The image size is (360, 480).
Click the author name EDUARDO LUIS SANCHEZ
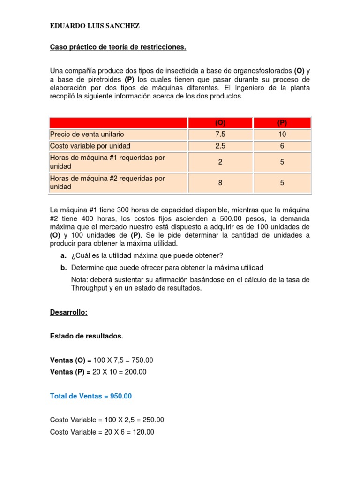point(95,26)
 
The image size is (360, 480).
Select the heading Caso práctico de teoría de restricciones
point(118,47)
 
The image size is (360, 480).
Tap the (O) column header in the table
point(220,123)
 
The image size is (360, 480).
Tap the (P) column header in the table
point(282,123)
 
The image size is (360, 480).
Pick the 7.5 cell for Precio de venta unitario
point(220,135)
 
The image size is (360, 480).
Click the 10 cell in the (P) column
point(282,135)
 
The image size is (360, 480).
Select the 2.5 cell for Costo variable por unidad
point(220,146)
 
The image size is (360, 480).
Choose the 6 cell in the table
point(282,146)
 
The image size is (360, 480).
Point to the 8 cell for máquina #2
point(220,183)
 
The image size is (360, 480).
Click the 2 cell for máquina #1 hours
point(220,162)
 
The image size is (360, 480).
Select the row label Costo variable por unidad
point(90,146)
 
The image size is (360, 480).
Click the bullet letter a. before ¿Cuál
point(63,255)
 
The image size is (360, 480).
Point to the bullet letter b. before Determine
point(63,268)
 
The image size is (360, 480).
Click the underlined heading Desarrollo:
point(69,312)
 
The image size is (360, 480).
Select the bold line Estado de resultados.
point(87,336)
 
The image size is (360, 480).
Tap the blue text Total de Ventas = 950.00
point(91,396)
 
